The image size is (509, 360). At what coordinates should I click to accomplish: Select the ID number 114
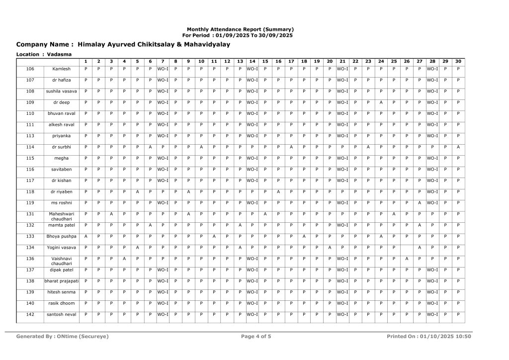coord(30,147)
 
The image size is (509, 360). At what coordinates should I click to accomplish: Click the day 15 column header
coord(265,61)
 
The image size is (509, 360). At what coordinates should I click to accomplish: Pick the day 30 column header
coord(458,61)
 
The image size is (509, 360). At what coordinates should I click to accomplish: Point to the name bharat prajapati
coord(62,281)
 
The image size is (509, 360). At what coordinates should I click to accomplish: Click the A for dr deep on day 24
coord(381,102)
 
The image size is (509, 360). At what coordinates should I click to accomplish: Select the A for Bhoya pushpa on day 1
coord(86,236)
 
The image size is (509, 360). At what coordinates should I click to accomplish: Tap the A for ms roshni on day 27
coord(420,202)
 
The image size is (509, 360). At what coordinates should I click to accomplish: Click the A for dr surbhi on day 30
coord(458,147)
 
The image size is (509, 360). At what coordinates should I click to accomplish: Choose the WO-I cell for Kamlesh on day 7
coord(163,69)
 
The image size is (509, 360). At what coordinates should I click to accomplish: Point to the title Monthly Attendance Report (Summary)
coord(240,29)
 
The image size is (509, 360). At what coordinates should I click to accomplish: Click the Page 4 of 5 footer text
coord(256,337)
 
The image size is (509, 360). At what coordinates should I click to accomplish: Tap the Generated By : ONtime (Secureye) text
coord(63,337)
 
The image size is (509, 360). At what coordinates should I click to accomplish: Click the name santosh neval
coord(62,314)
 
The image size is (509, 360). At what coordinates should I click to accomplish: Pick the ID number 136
coord(30,259)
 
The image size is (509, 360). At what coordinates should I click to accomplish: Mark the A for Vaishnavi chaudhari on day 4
coord(124,259)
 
